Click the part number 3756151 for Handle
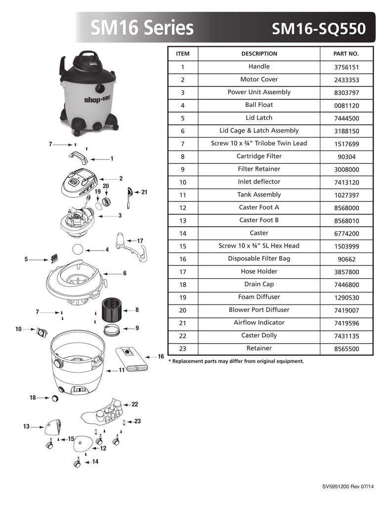[347, 67]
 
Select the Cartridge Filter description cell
[259, 156]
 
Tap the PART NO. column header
[346, 53]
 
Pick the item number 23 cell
[183, 349]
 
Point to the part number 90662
[347, 259]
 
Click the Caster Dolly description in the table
[259, 335]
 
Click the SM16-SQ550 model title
[319, 28]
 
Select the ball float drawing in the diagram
[78, 250]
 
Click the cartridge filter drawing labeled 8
[111, 310]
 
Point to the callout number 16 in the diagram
[161, 356]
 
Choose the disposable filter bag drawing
[131, 359]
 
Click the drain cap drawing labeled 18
[55, 398]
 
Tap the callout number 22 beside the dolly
[134, 404]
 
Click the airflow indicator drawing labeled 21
[129, 198]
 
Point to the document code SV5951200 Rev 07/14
[348, 486]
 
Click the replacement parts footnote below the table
[236, 361]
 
